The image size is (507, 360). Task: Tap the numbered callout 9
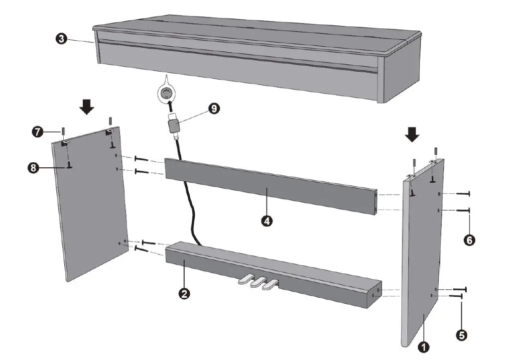coord(214,108)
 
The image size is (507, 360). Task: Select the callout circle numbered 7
coord(37,132)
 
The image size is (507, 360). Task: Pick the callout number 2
coord(184,293)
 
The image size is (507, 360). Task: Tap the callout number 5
coord(462,335)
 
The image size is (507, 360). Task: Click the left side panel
coord(90,209)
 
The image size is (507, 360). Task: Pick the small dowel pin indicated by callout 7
coord(64,132)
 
